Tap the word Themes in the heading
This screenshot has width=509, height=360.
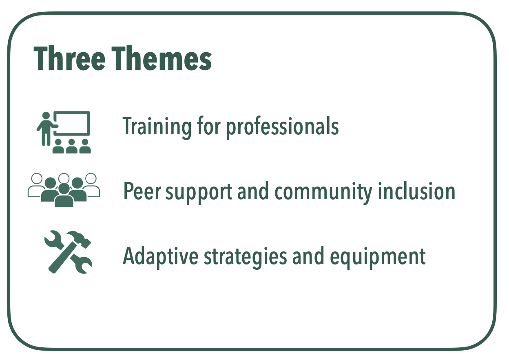point(162,59)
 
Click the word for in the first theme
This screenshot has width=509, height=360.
point(208,127)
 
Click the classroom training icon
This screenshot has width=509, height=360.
point(64,132)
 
